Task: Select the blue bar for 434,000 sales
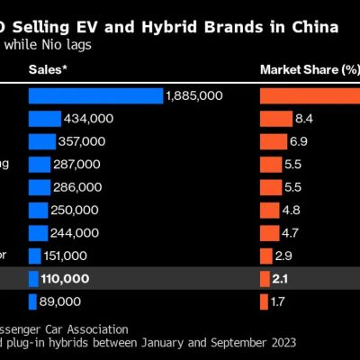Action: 44,119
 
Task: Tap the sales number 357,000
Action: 82,141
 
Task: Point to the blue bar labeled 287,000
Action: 39,164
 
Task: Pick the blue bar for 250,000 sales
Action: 38,210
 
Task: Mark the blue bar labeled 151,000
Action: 34,256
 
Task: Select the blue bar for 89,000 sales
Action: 31,301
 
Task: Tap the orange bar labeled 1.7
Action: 264,301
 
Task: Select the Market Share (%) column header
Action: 309,68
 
